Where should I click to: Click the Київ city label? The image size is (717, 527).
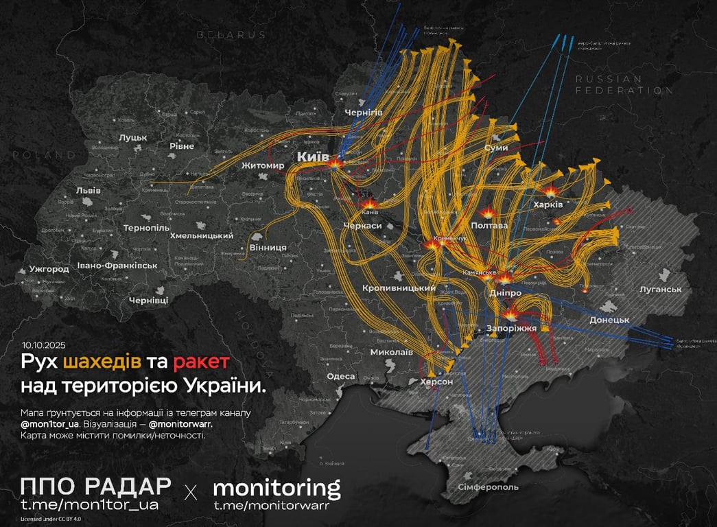[312, 157]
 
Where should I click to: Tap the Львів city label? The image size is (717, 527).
[89, 190]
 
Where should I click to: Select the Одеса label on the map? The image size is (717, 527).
[341, 376]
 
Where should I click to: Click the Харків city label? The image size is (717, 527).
[548, 204]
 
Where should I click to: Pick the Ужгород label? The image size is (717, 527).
[49, 269]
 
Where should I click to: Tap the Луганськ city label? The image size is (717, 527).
[660, 290]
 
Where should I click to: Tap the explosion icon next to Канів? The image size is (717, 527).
[368, 204]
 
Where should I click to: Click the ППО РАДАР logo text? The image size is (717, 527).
[96, 487]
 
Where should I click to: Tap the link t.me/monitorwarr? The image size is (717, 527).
[271, 506]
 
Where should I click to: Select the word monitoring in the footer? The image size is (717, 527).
[277, 488]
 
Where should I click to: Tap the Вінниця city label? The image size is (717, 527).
[268, 247]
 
